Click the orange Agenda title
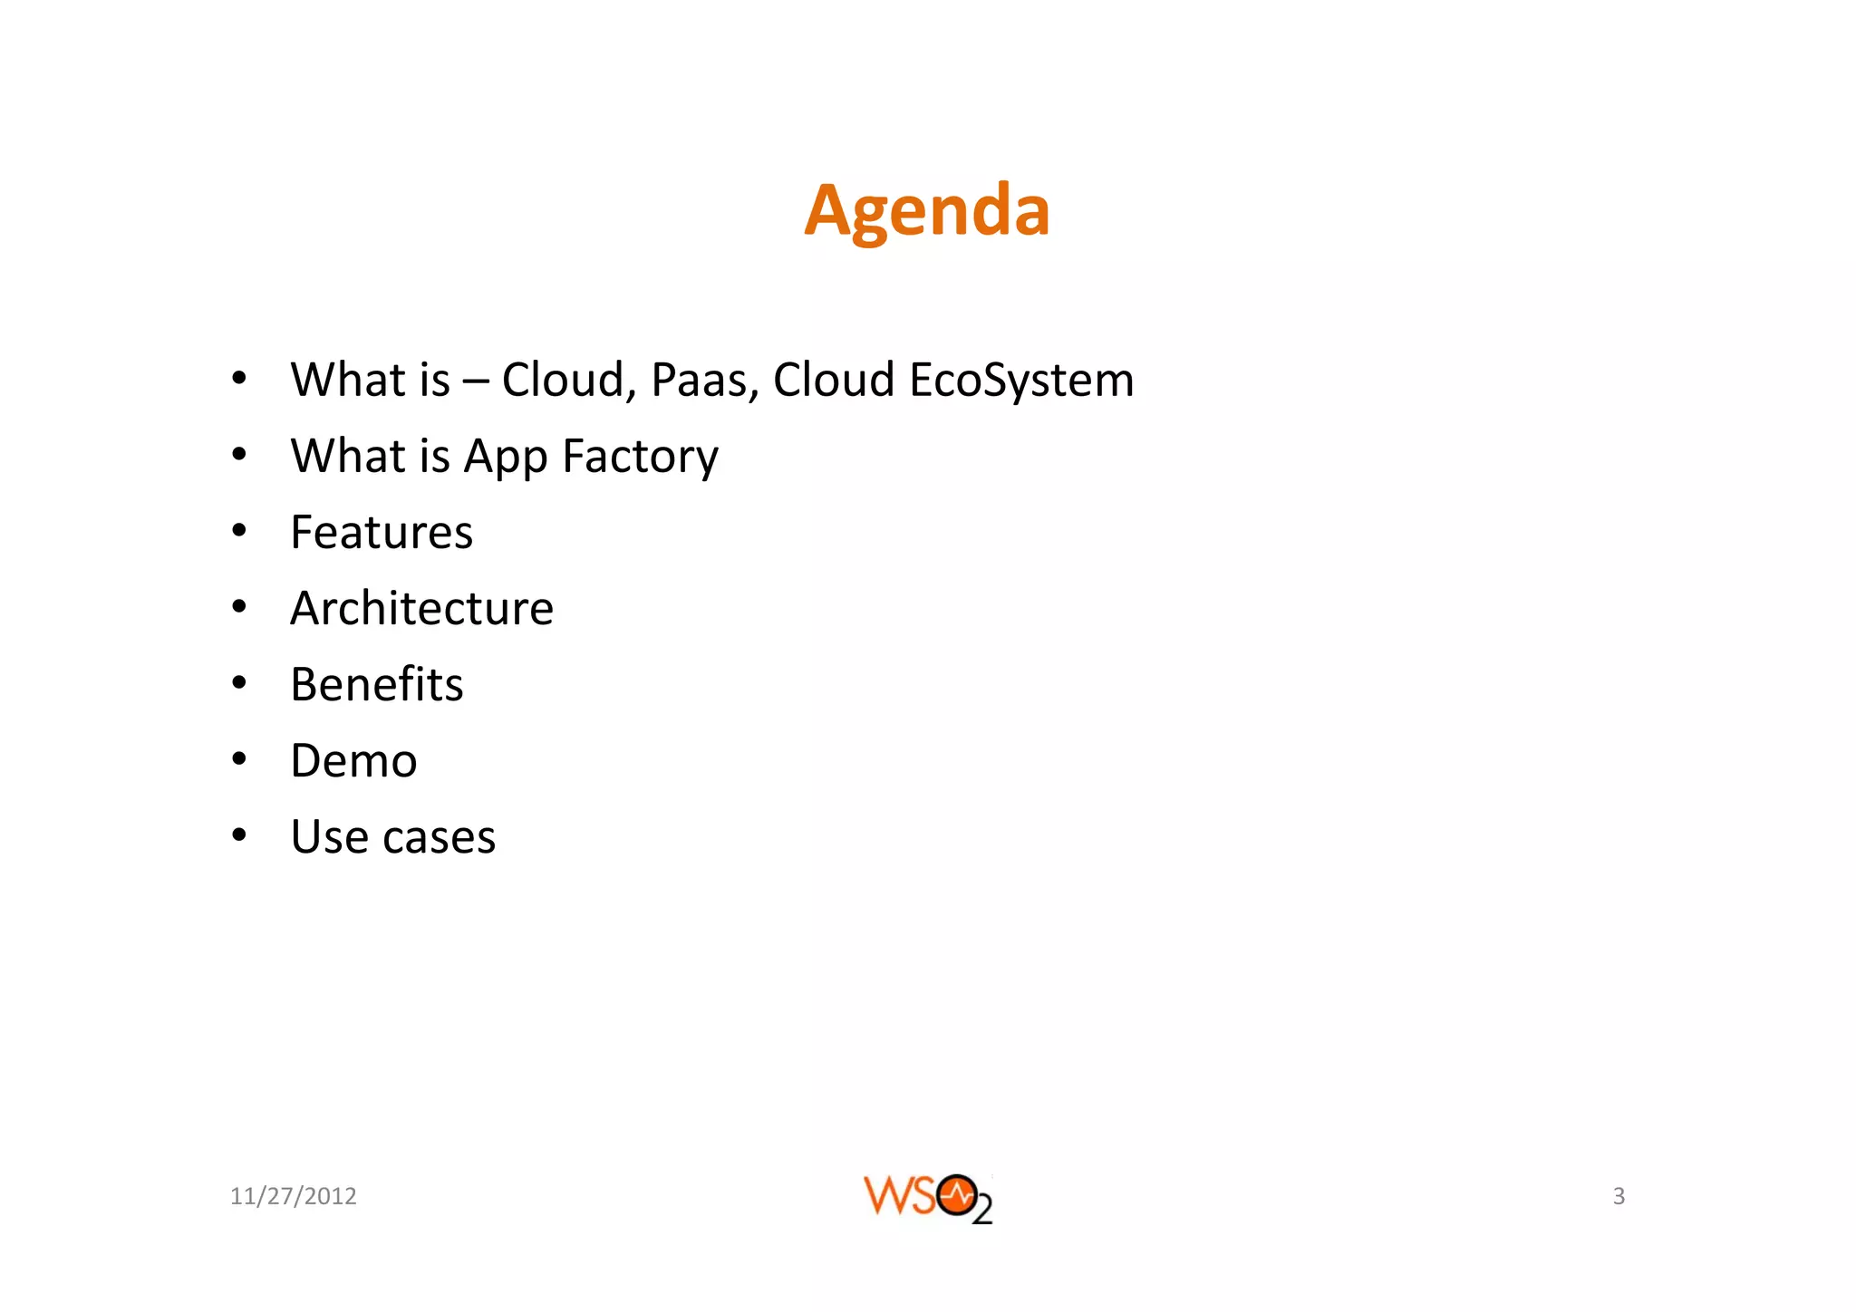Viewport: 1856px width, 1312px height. pos(926,210)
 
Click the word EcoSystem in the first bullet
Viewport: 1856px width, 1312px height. pos(1021,380)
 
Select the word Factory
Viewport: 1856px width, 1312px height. pos(640,457)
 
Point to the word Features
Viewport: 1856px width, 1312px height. pos(382,532)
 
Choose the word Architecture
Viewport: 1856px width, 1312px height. pos(421,608)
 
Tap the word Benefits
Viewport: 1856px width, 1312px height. pos(377,684)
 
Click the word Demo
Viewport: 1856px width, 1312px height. pos(353,760)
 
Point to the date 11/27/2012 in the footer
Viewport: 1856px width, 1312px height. pos(293,1196)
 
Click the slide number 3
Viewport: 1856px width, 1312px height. pos(1619,1196)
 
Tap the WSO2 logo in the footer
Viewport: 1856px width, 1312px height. pos(927,1198)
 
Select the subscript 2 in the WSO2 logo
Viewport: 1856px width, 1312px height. pos(982,1211)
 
